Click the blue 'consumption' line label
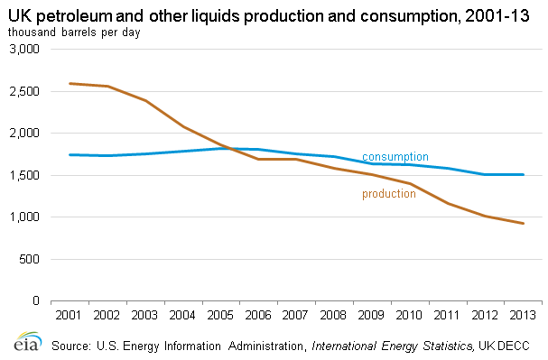click(x=395, y=157)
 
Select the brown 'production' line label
click(x=389, y=194)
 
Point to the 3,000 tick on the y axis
click(x=24, y=49)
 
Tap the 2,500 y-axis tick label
click(x=24, y=91)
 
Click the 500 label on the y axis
click(x=29, y=259)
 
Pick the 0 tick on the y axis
click(x=36, y=300)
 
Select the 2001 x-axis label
click(x=69, y=315)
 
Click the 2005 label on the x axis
click(x=220, y=315)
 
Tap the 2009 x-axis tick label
click(x=371, y=315)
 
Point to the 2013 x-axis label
click(x=523, y=315)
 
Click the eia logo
click(x=28, y=341)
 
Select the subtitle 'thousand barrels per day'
click(x=74, y=32)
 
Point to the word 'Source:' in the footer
click(x=71, y=346)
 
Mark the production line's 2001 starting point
click(x=70, y=83)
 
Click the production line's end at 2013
click(x=524, y=224)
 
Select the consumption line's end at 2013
click(x=524, y=175)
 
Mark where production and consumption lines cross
click(x=231, y=148)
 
